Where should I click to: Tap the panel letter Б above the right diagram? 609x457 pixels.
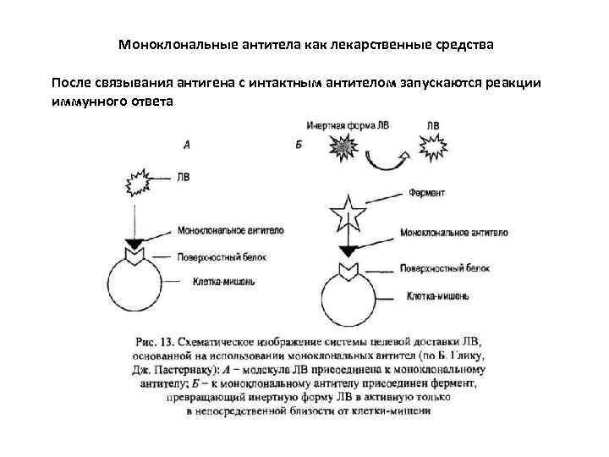(x=299, y=146)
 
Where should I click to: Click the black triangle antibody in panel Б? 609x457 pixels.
(x=348, y=251)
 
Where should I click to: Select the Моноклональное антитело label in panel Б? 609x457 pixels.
(x=453, y=231)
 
